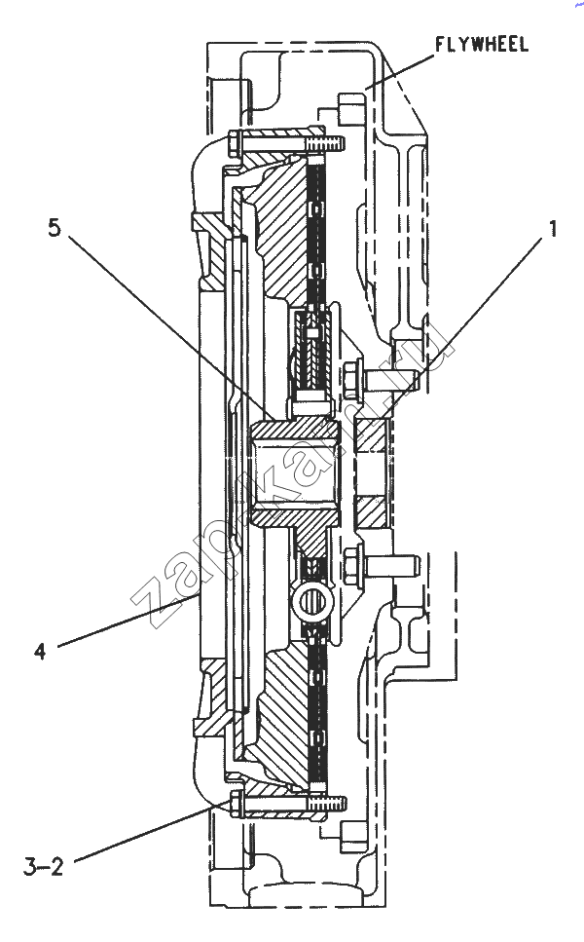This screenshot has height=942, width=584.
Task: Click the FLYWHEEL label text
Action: (x=482, y=45)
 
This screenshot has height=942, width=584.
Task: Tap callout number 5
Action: (x=55, y=228)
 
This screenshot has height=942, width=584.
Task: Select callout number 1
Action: (x=552, y=228)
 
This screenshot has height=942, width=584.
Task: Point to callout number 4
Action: (x=40, y=652)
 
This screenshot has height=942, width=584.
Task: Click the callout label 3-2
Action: (x=43, y=867)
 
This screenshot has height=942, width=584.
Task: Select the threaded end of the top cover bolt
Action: (x=327, y=144)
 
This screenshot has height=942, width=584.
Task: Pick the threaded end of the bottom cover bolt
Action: (x=328, y=802)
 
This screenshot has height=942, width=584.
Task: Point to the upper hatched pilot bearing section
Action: (x=372, y=435)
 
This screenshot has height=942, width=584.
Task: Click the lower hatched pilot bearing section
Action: (x=372, y=511)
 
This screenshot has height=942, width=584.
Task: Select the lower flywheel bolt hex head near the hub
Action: (x=352, y=563)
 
